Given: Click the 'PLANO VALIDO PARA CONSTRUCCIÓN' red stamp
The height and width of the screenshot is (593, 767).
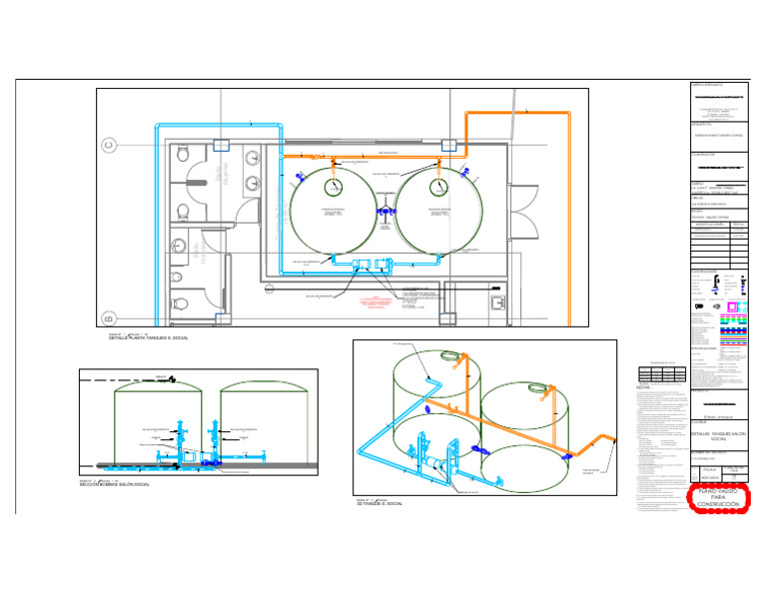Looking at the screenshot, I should tap(717, 497).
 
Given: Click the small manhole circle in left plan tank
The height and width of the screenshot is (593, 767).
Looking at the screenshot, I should tap(331, 186).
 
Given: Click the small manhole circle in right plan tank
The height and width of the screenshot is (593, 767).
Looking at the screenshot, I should tap(437, 186).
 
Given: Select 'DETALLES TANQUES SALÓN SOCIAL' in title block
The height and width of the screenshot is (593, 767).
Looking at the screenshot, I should tap(719, 437).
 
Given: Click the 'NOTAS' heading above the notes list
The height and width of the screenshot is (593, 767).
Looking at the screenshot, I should tap(644, 388).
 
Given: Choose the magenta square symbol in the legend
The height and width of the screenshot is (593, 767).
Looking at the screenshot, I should tap(732, 305).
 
